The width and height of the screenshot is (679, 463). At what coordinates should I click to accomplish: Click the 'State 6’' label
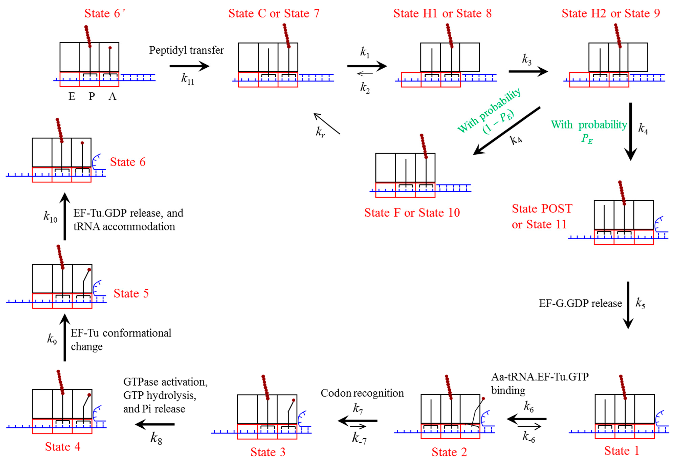[105, 13]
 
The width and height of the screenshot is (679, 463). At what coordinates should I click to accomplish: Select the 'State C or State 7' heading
[274, 13]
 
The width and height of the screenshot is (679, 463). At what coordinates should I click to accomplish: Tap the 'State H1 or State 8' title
[442, 13]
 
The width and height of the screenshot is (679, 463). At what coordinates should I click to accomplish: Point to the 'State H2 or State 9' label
[611, 13]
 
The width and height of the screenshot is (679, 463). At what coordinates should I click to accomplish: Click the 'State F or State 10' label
[412, 213]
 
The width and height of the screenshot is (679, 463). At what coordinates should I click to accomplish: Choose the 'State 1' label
[622, 451]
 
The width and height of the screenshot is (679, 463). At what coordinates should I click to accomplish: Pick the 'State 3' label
[268, 452]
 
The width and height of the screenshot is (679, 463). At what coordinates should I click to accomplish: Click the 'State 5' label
[131, 293]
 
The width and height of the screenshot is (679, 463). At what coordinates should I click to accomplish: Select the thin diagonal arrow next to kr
[327, 124]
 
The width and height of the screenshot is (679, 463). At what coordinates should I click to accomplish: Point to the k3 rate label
[527, 59]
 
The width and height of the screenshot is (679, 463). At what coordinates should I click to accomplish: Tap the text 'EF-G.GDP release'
[580, 303]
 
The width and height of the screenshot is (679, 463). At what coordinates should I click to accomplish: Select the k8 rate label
[156, 438]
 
